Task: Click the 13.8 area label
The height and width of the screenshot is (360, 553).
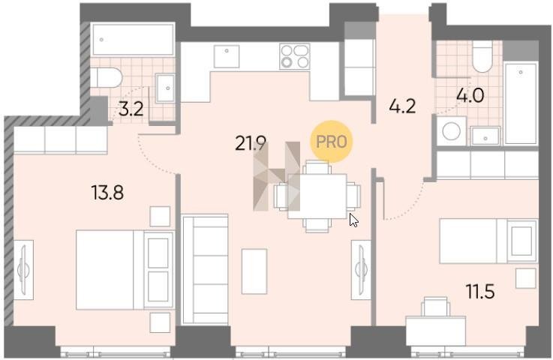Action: point(107,193)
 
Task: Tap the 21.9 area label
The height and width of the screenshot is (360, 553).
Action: point(251,143)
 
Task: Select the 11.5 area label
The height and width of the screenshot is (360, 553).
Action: point(480,291)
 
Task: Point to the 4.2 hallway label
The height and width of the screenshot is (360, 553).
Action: point(402,106)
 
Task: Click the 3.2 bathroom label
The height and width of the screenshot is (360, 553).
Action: point(131,109)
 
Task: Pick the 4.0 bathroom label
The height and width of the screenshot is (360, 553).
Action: point(470,95)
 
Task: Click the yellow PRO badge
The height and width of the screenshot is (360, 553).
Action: point(331,142)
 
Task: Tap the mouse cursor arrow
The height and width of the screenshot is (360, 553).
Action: point(353,220)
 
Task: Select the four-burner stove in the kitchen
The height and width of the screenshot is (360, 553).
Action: point(294,56)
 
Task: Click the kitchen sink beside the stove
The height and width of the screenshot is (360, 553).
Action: point(227,56)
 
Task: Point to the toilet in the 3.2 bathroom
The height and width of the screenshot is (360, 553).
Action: point(106,77)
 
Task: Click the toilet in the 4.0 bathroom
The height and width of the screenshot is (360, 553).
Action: point(482,56)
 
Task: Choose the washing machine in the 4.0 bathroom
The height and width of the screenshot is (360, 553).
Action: point(452,131)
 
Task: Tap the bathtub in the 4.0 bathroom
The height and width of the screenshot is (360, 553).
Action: point(521,103)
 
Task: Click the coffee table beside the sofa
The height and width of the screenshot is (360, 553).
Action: point(254,271)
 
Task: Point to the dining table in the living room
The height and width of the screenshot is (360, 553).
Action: point(317,196)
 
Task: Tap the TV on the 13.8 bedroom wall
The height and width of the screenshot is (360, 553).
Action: point(24,270)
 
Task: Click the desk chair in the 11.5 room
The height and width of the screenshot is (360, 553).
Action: point(435,307)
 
